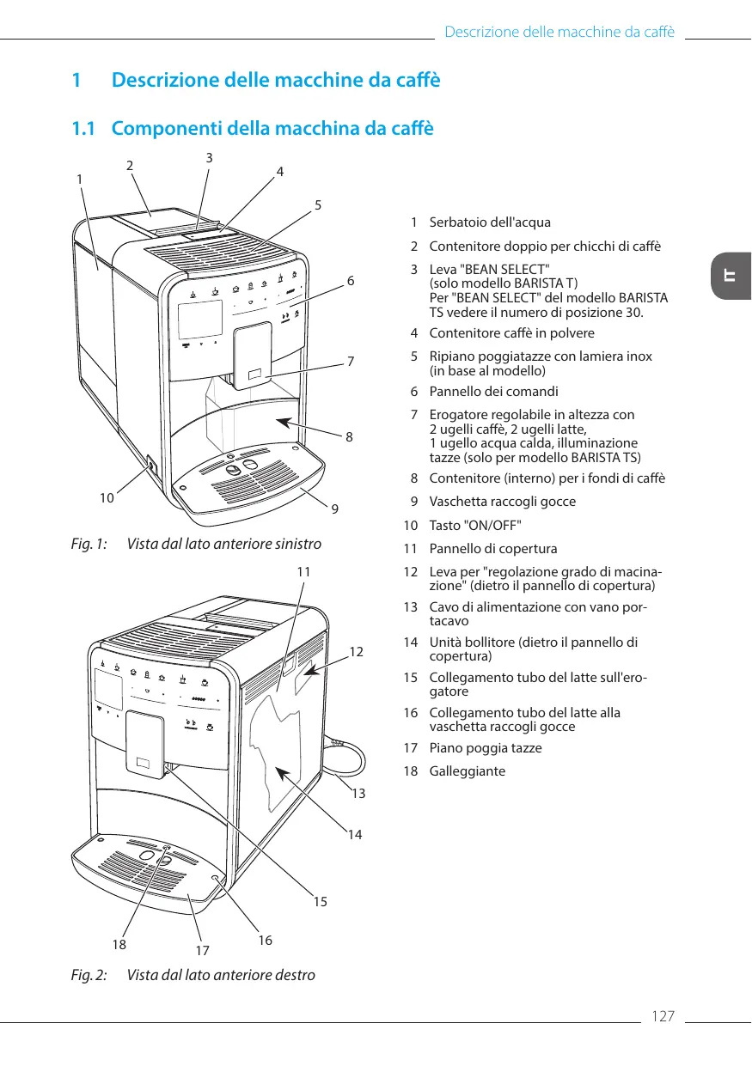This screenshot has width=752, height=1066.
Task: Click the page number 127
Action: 663,1017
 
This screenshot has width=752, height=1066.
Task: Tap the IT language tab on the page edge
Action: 731,277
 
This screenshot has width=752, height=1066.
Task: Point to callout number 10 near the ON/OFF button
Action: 107,497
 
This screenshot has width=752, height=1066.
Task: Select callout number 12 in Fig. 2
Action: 358,652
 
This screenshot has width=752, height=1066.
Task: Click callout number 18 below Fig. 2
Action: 119,943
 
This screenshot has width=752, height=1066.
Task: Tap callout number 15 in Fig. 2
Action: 321,902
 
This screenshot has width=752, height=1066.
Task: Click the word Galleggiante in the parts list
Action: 468,771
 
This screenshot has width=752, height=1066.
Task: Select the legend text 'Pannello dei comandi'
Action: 493,391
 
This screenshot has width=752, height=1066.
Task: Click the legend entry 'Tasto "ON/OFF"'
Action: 474,525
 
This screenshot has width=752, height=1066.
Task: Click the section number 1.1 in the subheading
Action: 83,129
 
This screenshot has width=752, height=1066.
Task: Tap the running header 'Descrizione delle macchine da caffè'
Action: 559,33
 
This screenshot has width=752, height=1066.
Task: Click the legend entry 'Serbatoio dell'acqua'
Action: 490,222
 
